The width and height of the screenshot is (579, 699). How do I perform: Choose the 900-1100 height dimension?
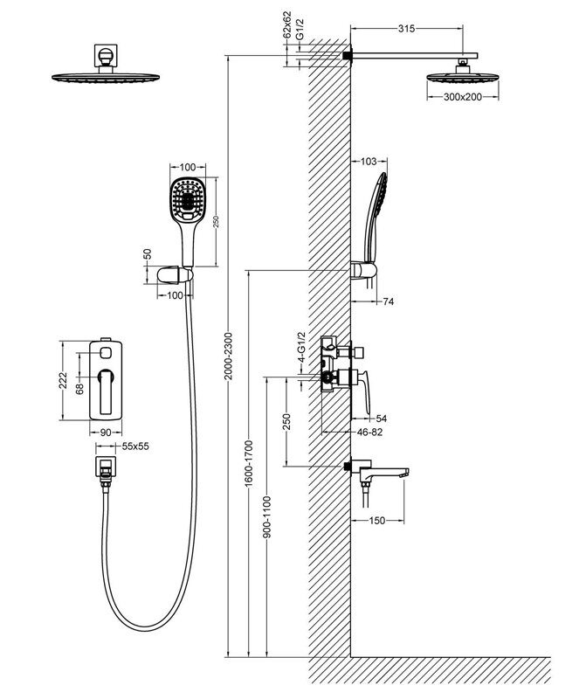(265, 525)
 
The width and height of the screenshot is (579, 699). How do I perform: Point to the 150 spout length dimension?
(376, 521)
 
